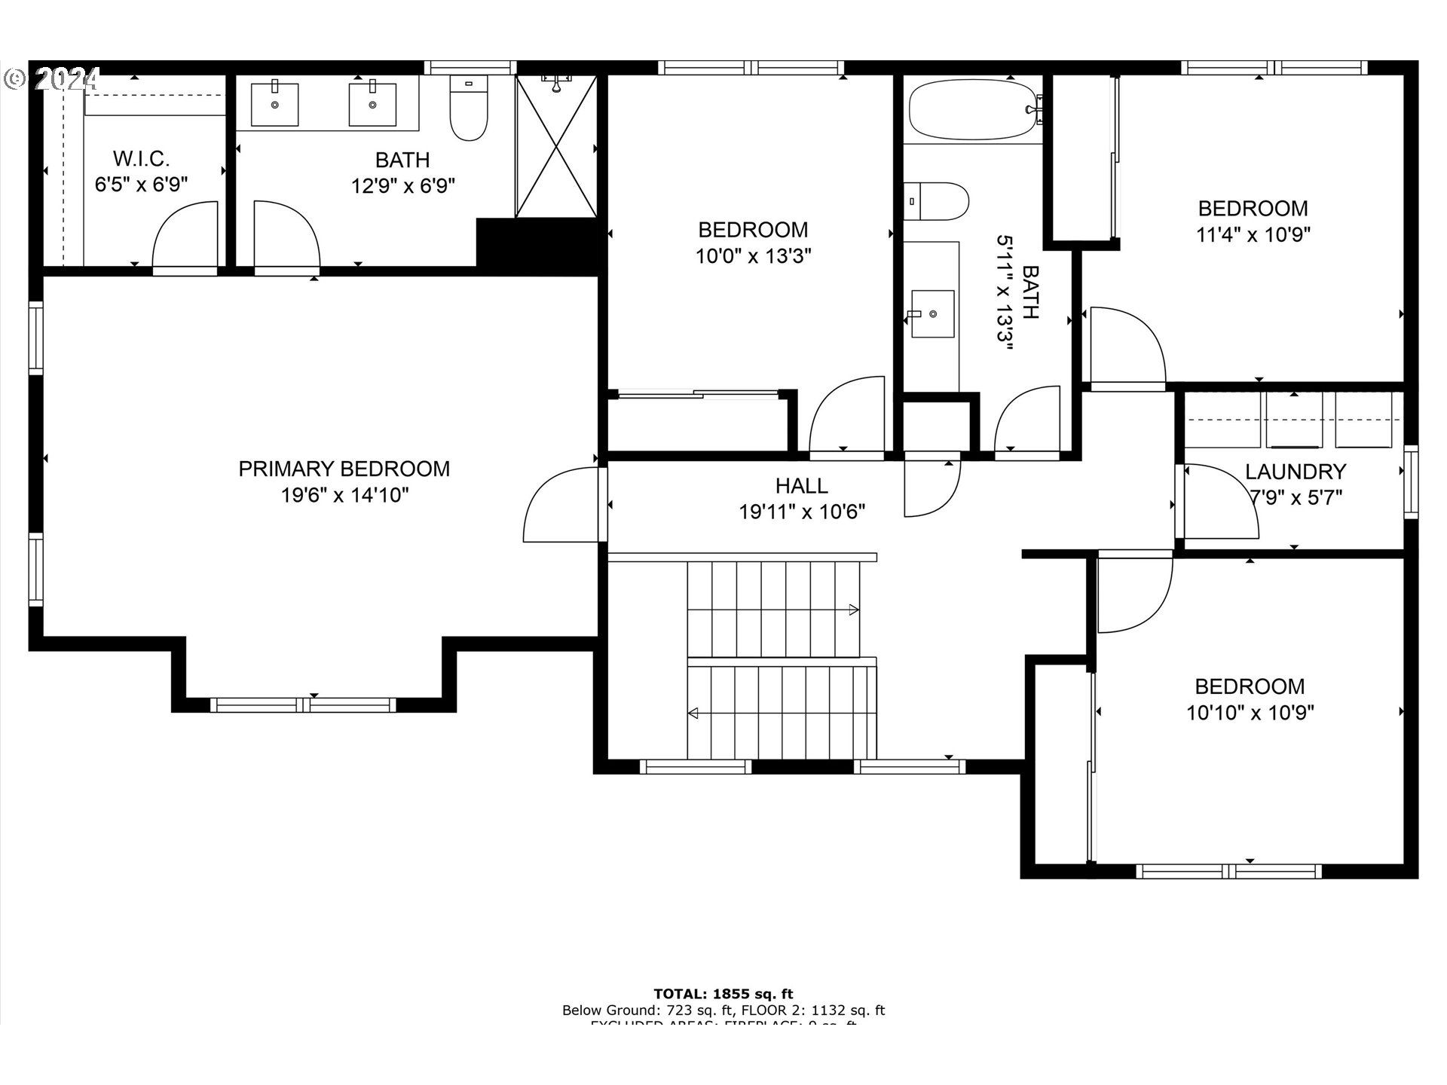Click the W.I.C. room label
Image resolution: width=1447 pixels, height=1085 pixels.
[x=141, y=159]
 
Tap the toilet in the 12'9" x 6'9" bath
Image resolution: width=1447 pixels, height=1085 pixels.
[x=468, y=109]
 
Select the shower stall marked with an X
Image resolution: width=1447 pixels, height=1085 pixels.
[x=557, y=147]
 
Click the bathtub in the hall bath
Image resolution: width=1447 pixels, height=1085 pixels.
[x=973, y=111]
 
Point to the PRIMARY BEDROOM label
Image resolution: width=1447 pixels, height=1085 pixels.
[x=344, y=469]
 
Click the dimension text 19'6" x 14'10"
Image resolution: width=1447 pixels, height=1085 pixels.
[x=344, y=495]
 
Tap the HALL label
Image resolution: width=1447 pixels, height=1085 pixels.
[x=801, y=485]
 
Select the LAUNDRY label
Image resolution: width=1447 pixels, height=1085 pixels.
[x=1295, y=472]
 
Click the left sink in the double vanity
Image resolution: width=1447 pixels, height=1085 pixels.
[x=274, y=105]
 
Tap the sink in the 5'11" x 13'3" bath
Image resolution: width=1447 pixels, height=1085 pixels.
[x=932, y=313]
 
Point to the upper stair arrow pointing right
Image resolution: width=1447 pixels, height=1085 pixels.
[x=853, y=610]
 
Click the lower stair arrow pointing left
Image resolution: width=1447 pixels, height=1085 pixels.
[x=693, y=713]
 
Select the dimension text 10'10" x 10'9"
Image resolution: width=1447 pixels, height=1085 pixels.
[x=1250, y=713]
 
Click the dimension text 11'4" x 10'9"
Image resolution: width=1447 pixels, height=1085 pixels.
[x=1253, y=234]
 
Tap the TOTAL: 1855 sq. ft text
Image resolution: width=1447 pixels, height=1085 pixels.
[x=723, y=994]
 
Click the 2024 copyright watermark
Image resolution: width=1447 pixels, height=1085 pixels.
[x=53, y=78]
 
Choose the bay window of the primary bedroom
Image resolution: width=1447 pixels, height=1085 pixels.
[x=303, y=704]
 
